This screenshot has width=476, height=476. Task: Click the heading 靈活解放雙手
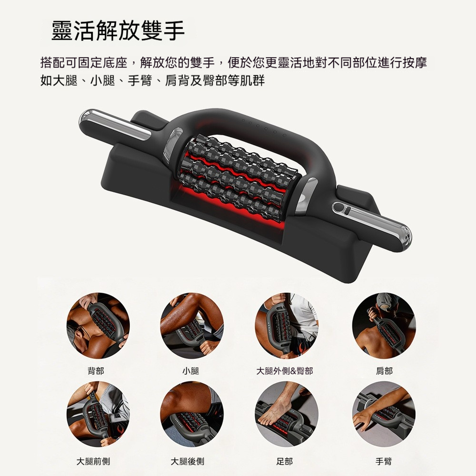coord(118,30)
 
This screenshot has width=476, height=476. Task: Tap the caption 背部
coord(96,371)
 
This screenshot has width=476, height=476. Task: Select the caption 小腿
coord(191,371)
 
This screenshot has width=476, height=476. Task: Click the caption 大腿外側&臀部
coord(285,371)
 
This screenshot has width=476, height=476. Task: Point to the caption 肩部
coord(384,371)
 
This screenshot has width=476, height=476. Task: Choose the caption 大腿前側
coord(93,461)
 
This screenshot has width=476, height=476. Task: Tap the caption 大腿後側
coord(187,461)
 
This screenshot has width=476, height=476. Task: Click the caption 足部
coord(285,461)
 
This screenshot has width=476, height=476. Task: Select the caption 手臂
coord(384,461)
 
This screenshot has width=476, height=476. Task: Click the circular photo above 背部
coord(98,326)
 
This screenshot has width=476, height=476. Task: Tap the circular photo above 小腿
coord(192,326)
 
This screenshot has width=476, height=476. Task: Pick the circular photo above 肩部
coord(384,326)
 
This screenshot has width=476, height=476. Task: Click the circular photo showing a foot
coord(287,414)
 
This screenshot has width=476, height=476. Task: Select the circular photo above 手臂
coord(384,414)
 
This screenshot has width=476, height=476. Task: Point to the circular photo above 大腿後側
coord(192,414)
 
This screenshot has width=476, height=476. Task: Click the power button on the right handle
coord(339,208)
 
